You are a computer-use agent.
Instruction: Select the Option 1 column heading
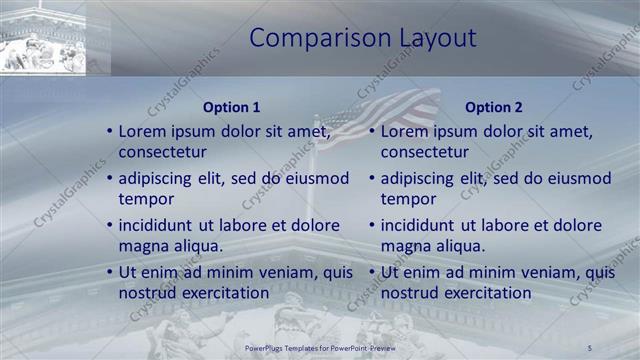click(231, 107)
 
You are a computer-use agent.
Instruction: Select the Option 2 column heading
click(493, 107)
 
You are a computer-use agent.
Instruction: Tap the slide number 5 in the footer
click(590, 347)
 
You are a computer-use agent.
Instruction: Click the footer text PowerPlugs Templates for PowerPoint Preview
click(319, 347)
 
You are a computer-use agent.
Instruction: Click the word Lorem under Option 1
click(142, 131)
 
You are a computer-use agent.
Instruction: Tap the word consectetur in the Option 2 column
click(424, 153)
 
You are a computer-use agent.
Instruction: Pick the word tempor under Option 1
click(145, 200)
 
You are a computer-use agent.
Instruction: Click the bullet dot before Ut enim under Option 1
click(109, 272)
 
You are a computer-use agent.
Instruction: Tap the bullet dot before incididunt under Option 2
click(371, 225)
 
